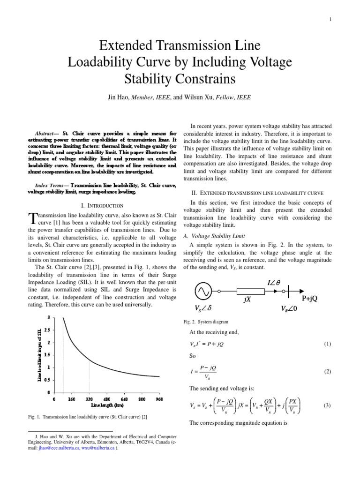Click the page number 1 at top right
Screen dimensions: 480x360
point(330,19)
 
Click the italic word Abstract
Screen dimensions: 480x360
point(47,134)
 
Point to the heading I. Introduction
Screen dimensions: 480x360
point(102,205)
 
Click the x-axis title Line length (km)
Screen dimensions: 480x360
point(107,404)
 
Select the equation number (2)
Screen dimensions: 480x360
point(328,371)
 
